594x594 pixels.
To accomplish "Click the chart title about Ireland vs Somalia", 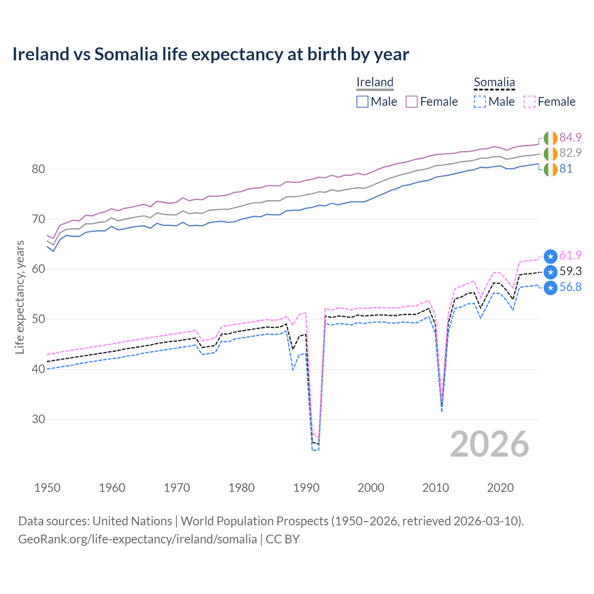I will coord(211,54).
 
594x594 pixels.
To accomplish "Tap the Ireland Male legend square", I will coord(362,102).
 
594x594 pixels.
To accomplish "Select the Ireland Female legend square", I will coord(412,102).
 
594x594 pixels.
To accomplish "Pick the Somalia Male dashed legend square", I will coord(480,102).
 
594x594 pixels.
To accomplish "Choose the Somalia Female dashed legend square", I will coord(529,102).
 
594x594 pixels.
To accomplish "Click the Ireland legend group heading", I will coord(375,82).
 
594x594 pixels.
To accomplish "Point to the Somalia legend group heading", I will coord(494,82).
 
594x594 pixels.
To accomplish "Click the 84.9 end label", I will coord(570,137).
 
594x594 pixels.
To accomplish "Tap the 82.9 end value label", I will coord(570,153).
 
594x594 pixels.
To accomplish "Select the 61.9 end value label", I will coord(570,255).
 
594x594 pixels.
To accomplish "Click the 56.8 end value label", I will coord(570,287).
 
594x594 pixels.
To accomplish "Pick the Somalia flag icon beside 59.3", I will coord(550,272).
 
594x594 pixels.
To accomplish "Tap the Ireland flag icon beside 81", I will coord(550,169).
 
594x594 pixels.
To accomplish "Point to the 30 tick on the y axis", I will coord(39,419).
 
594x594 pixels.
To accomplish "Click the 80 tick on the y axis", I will coord(39,169).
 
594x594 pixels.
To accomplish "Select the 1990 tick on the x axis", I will coord(306,488).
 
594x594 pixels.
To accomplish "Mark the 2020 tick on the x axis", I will coord(500,488).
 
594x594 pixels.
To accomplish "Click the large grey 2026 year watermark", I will coord(490,444).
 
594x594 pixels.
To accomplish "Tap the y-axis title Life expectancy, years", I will coord(19,297).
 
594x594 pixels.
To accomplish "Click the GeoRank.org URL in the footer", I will coord(137,539).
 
